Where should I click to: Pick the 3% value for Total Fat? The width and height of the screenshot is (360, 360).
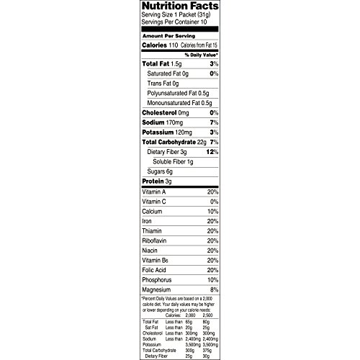pos(214,64)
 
